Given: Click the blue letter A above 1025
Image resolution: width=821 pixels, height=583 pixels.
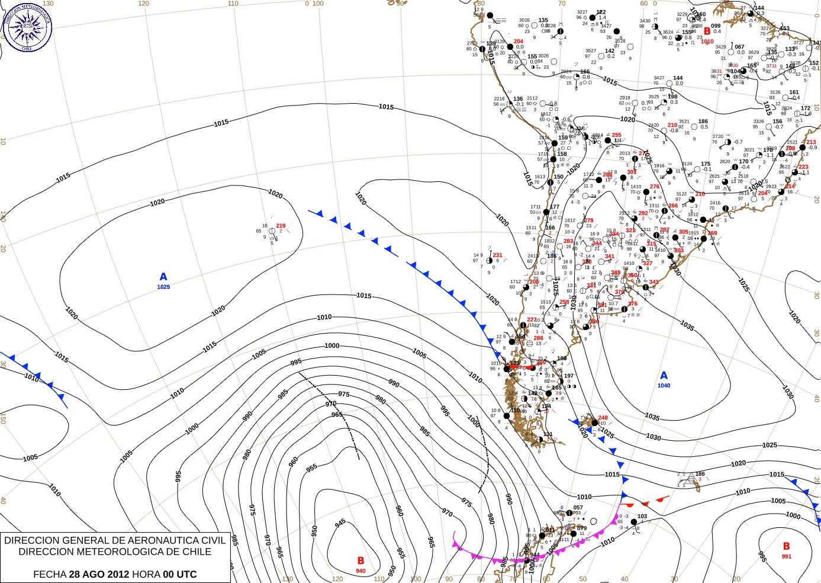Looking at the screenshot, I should point(163,277).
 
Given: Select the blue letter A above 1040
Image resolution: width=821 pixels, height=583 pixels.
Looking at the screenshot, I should point(664,376).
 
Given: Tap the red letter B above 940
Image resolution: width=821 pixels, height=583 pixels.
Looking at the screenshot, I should point(360,560).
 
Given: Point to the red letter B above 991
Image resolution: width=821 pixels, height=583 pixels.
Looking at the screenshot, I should point(786,546).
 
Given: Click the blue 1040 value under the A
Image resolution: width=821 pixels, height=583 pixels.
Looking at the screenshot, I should point(664,386).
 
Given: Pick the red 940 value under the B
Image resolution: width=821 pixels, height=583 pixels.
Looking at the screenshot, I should point(360,571).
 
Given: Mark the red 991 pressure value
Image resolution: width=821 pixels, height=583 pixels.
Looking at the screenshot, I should point(786,556).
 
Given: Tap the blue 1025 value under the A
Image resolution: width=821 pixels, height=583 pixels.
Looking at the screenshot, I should point(163,287).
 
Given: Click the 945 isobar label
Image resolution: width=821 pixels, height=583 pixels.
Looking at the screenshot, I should point(340,523).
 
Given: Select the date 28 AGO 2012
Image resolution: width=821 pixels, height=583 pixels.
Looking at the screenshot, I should point(99,574).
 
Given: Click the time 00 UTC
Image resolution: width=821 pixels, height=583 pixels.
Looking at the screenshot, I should point(180,574).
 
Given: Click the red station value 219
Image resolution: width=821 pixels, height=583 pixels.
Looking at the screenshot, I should point(281,226).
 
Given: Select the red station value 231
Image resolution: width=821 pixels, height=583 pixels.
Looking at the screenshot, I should point(497,255).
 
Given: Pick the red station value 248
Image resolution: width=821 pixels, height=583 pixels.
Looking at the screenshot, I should point(603,418).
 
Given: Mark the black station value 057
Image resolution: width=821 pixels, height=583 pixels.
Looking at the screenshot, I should point(578,508).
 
